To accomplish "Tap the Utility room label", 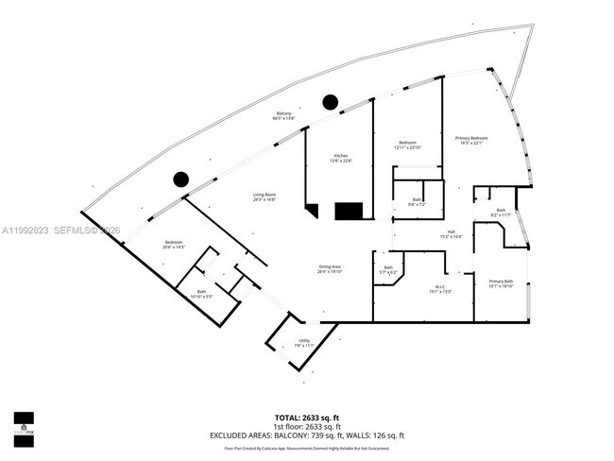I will pyautogui.click(x=304, y=343).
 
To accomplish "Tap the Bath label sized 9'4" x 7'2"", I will pyautogui.click(x=417, y=201).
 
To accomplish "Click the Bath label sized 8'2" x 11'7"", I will pyautogui.click(x=501, y=212).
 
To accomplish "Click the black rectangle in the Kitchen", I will pyautogui.click(x=350, y=211).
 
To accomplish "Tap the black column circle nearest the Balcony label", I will pyautogui.click(x=330, y=101).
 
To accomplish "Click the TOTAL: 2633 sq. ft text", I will pyautogui.click(x=307, y=416).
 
